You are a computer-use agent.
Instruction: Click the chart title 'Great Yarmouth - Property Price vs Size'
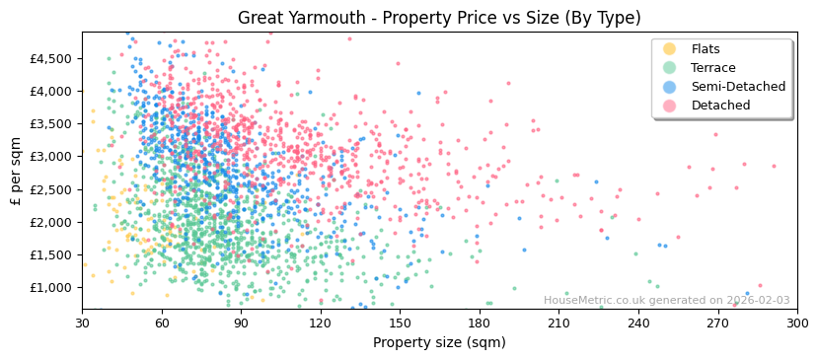(x=439, y=18)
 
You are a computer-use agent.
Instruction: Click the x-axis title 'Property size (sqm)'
(x=439, y=342)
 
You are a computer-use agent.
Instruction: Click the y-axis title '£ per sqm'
(x=17, y=171)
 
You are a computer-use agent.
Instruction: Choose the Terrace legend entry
(x=712, y=68)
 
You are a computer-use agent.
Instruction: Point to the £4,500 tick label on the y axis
(x=51, y=58)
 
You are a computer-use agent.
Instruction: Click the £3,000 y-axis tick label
(x=51, y=157)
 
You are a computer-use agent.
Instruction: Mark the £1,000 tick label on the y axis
(x=51, y=288)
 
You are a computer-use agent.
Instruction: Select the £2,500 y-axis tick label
(x=51, y=189)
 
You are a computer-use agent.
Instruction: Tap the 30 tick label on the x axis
(x=82, y=323)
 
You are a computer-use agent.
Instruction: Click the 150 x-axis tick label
(x=400, y=323)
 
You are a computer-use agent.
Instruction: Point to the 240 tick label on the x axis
(x=638, y=323)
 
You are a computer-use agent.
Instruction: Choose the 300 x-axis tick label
(x=797, y=323)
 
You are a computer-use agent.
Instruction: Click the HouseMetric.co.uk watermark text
(x=666, y=301)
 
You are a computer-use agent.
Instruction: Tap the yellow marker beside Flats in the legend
(x=669, y=49)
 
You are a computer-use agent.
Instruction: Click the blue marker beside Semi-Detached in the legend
(x=669, y=87)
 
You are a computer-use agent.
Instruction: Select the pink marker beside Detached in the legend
(x=669, y=106)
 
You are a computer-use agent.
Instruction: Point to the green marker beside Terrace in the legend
(x=669, y=68)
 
